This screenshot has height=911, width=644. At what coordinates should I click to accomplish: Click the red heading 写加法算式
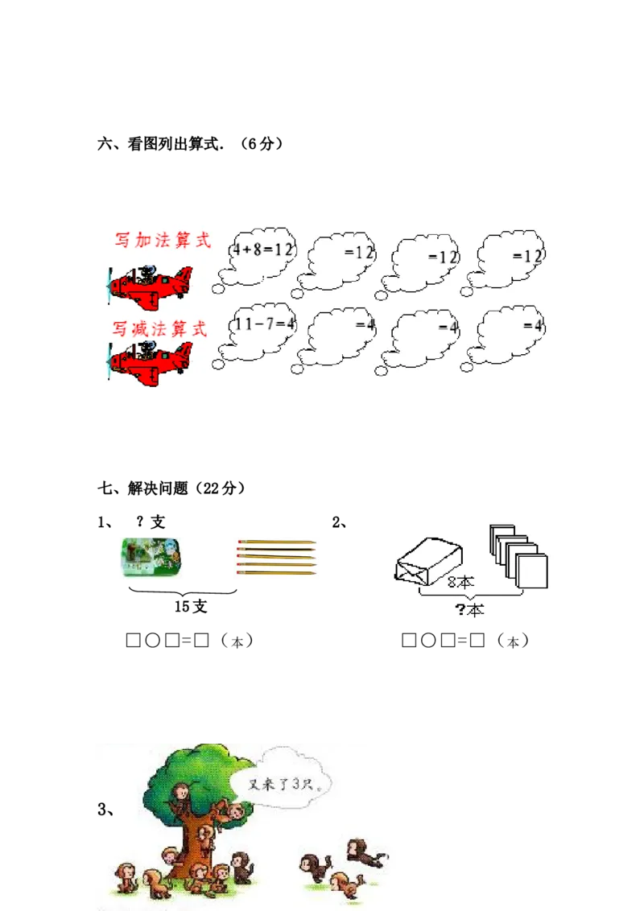point(162,240)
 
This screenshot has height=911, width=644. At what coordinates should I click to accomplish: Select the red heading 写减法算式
point(159,328)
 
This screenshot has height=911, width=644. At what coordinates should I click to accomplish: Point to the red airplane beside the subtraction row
point(151,361)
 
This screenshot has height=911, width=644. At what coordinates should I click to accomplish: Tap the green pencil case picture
point(151,556)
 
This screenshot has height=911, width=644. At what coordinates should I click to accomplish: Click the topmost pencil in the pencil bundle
point(276,542)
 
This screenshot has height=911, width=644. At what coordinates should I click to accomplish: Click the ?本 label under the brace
point(470,610)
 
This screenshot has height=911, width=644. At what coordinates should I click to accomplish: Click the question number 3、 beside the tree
point(105,810)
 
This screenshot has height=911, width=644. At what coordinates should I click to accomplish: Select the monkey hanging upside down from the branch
point(234,811)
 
